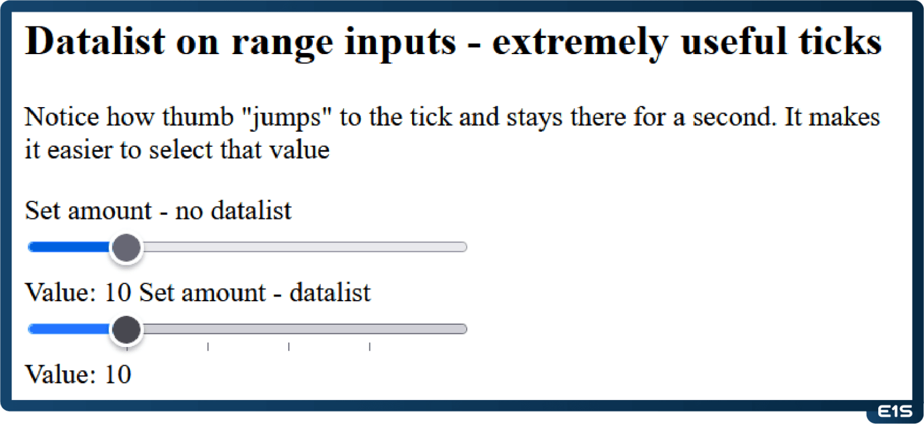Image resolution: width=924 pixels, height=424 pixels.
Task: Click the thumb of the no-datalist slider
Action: click(126, 247)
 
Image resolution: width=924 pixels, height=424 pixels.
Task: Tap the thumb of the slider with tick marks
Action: click(126, 330)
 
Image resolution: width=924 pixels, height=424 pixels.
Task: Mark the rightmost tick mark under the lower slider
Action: click(369, 346)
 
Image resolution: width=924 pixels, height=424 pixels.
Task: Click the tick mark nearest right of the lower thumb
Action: click(208, 346)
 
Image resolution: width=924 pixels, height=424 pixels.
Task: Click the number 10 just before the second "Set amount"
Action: click(118, 293)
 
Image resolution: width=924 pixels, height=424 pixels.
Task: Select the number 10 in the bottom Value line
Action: click(118, 375)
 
